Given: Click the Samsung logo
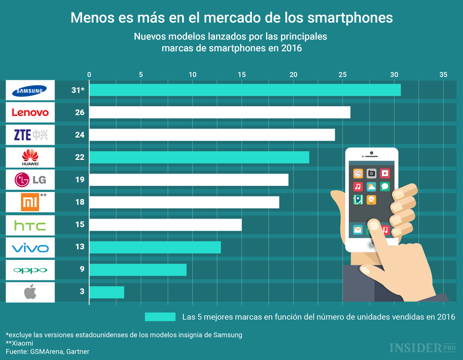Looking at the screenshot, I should click(30, 90).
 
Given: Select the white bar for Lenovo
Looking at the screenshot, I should click(220, 112).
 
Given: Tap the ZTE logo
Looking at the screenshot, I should click(30, 135).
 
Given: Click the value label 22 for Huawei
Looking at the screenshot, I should click(80, 157).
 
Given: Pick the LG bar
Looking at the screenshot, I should click(189, 180).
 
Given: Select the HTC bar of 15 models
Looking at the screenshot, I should click(165, 225).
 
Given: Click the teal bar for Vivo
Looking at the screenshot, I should click(155, 247).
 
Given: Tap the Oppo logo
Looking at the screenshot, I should click(30, 270).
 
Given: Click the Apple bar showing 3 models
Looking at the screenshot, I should click(107, 292).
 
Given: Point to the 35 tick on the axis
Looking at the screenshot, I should click(443, 74).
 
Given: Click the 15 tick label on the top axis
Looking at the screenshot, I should click(241, 74).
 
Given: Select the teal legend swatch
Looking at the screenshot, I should click(161, 317).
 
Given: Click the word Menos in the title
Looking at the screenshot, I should click(92, 17).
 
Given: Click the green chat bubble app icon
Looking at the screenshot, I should click(385, 186).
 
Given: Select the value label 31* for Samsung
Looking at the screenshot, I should click(78, 90).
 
